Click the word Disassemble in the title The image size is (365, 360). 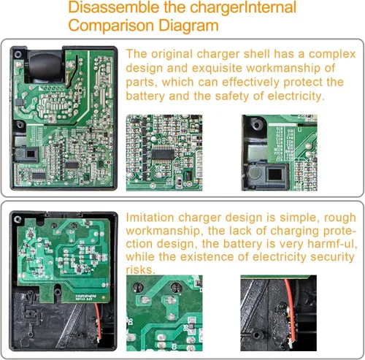114,7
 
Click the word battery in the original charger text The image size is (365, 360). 145,96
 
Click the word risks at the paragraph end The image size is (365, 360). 140,269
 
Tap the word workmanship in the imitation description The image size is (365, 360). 164,231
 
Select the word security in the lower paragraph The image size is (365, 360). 332,256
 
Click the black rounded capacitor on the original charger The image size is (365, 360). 45,66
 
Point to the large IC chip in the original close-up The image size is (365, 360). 163,154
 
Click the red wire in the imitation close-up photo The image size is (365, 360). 291,310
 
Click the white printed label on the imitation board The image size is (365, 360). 86,297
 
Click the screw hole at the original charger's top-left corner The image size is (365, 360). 18,54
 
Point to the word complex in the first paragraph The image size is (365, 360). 332,54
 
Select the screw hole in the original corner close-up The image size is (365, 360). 256,126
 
